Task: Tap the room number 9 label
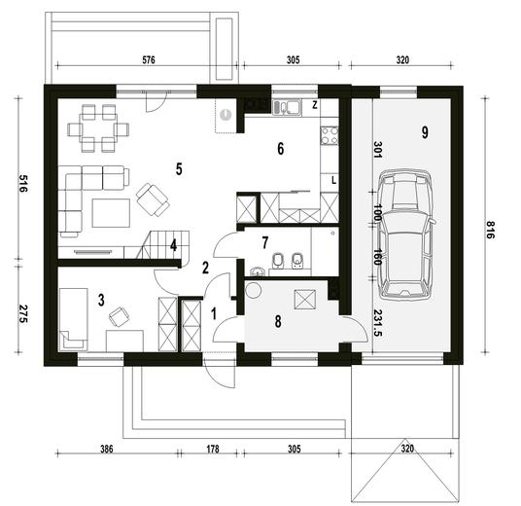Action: click(424, 131)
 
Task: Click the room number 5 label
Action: click(179, 168)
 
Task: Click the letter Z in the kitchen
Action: click(315, 103)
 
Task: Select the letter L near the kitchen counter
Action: click(333, 181)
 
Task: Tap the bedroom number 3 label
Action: click(101, 300)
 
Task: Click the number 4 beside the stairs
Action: click(173, 245)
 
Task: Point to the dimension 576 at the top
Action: click(149, 59)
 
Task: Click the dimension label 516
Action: click(20, 184)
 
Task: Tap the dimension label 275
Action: click(20, 314)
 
